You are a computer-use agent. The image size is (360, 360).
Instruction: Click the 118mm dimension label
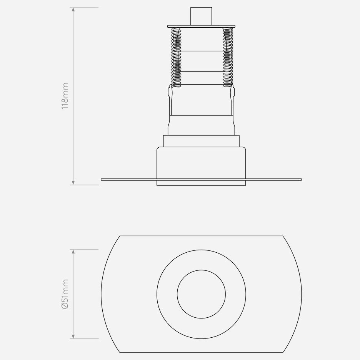pyautogui.click(x=65, y=96)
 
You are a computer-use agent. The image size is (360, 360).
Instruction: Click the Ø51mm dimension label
pyautogui.click(x=65, y=294)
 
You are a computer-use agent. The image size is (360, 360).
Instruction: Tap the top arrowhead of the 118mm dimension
pyautogui.click(x=73, y=9)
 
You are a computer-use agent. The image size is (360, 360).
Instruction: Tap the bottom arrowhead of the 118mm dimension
pyautogui.click(x=73, y=183)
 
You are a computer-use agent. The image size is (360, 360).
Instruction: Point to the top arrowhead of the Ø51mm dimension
pyautogui.click(x=73, y=252)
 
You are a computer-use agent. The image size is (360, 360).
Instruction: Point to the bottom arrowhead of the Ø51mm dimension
pyautogui.click(x=73, y=337)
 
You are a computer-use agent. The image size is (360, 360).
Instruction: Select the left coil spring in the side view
pyautogui.click(x=176, y=57)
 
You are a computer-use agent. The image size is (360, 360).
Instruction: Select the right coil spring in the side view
pyautogui.click(x=228, y=57)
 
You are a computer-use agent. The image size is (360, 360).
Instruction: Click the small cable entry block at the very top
pyautogui.click(x=201, y=16)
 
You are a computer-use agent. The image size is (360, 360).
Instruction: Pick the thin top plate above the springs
pyautogui.click(x=202, y=26)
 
